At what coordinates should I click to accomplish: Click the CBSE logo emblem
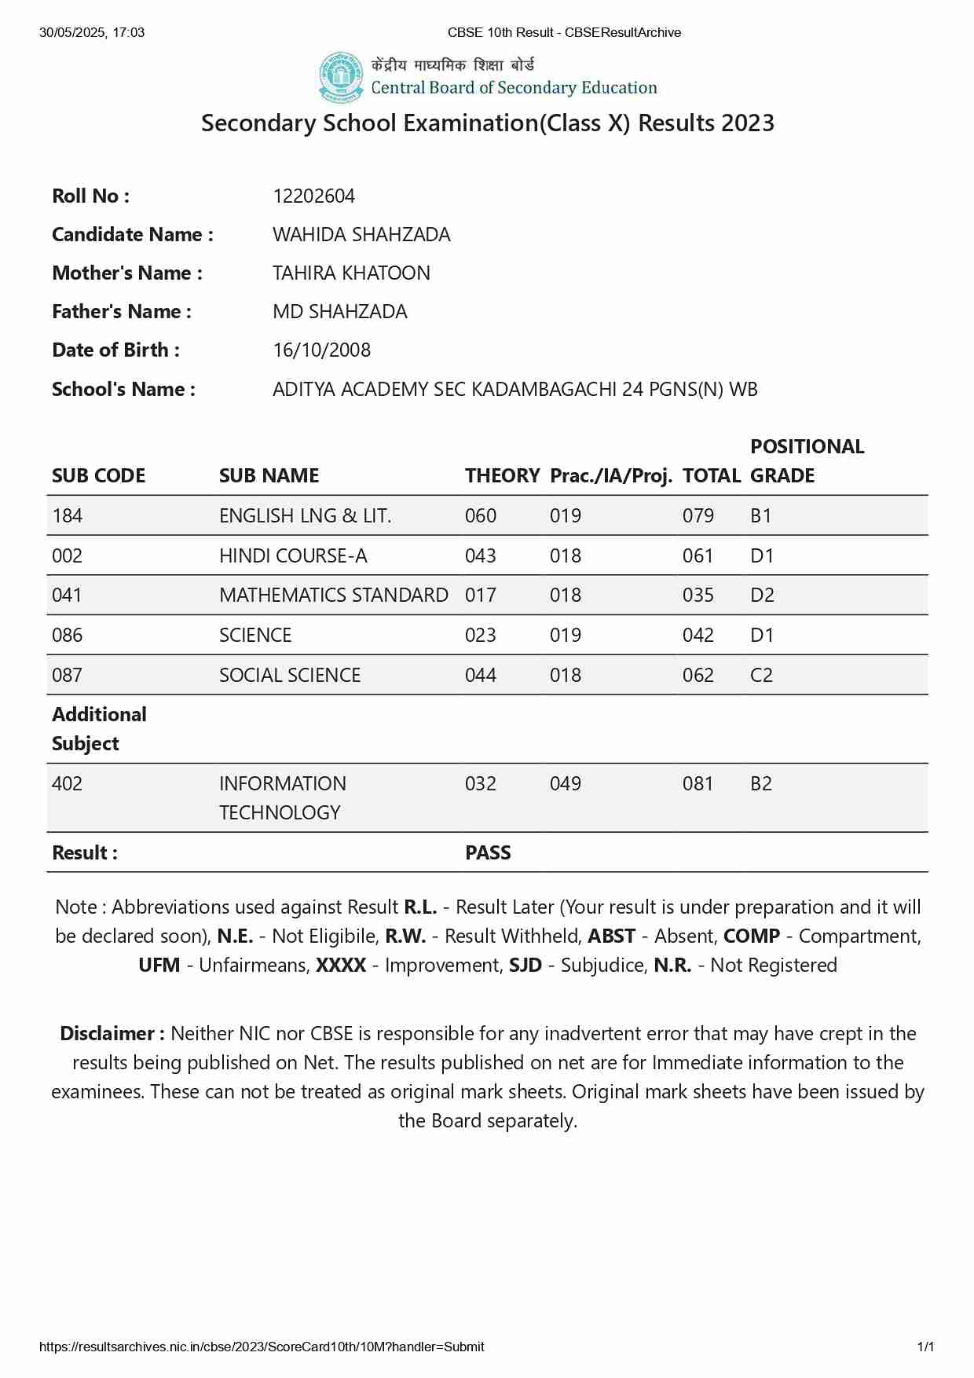tap(341, 77)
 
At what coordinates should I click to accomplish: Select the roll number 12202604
tap(313, 196)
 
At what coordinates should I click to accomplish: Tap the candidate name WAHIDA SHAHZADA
tap(361, 234)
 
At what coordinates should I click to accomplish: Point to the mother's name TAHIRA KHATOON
tap(351, 273)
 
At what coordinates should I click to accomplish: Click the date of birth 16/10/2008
tap(321, 350)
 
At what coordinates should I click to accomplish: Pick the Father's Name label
tap(122, 311)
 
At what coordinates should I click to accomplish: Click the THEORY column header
tap(502, 475)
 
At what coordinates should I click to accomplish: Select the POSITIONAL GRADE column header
tap(807, 461)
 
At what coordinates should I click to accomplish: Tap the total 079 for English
tap(698, 515)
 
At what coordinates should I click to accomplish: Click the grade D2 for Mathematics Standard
tap(762, 595)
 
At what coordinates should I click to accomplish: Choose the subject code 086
tap(67, 635)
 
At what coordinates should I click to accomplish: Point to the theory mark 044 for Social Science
tap(480, 675)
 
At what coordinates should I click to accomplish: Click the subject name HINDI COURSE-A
tap(293, 555)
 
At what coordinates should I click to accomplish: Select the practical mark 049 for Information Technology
tap(565, 783)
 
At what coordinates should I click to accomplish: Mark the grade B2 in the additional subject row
tap(761, 783)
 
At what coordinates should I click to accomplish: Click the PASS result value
tap(488, 852)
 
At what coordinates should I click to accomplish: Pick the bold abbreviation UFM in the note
tap(159, 965)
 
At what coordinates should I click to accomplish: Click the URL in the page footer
tap(262, 1347)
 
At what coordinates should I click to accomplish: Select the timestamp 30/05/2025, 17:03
tap(92, 32)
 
